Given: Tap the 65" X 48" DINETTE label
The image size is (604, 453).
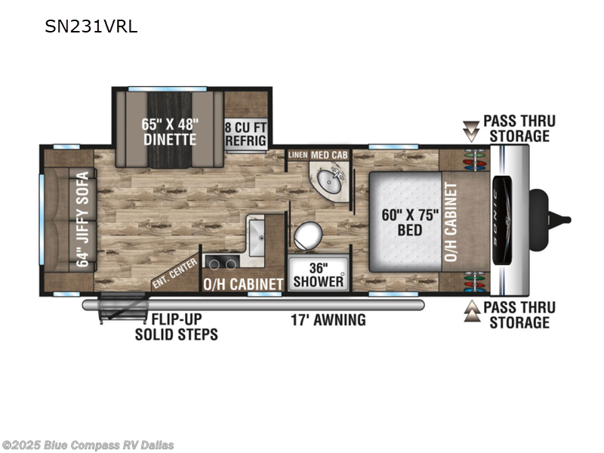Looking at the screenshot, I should pyautogui.click(x=170, y=131).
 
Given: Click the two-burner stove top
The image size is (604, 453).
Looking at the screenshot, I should pyautogui.click(x=221, y=263).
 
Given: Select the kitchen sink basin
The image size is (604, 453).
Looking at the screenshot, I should pyautogui.click(x=257, y=234).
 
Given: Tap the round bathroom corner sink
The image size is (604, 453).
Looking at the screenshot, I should pyautogui.click(x=329, y=181).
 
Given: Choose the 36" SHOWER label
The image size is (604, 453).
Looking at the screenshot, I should pyautogui.click(x=317, y=274).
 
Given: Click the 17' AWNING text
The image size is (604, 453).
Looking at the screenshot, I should pyautogui.click(x=328, y=319).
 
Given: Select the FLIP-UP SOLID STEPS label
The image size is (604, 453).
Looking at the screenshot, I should pyautogui.click(x=177, y=326).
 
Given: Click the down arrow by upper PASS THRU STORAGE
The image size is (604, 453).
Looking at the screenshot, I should pyautogui.click(x=472, y=132).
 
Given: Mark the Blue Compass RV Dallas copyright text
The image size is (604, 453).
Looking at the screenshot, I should pyautogui.click(x=88, y=445).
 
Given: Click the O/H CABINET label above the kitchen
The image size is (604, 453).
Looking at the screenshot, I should pyautogui.click(x=242, y=284).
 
